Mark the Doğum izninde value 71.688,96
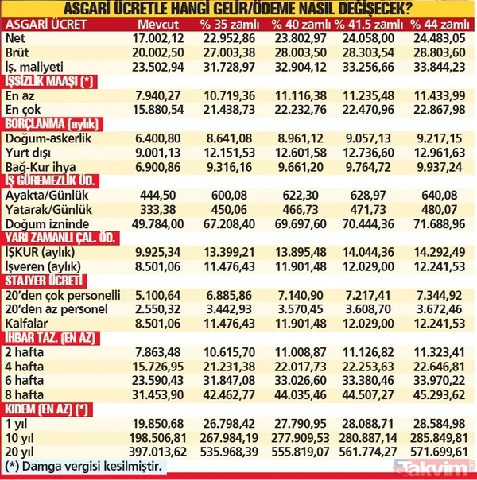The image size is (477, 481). [440, 225]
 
